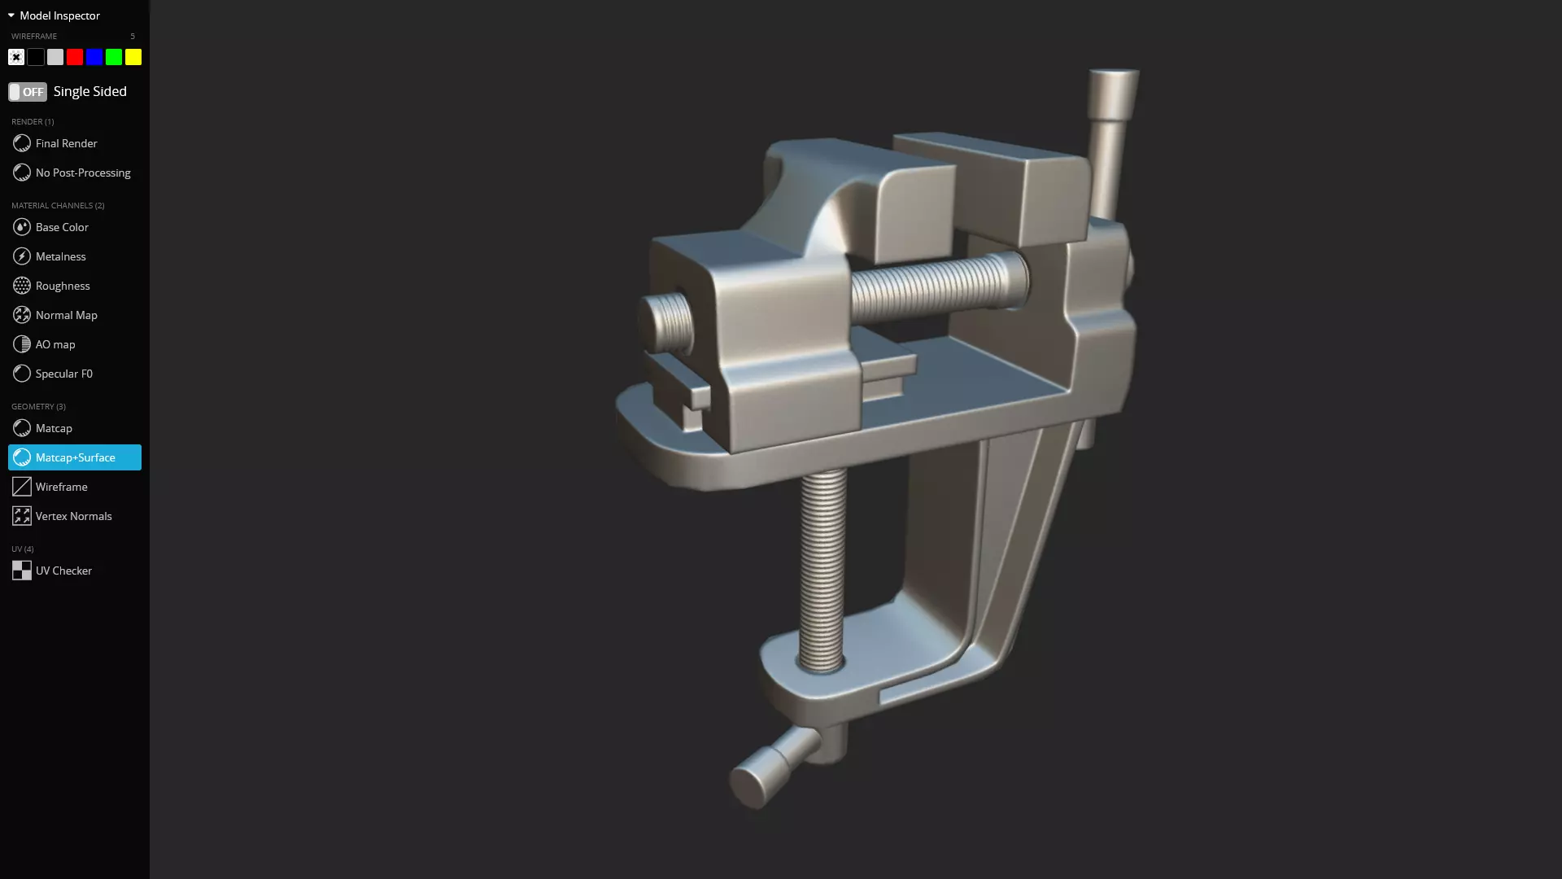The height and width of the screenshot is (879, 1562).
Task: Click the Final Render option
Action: point(66,143)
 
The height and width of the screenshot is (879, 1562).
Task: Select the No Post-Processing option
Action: point(82,173)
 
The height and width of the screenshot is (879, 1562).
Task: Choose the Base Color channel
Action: point(62,227)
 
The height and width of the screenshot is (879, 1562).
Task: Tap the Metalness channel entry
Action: point(60,256)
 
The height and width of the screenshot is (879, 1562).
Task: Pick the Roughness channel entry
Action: point(63,286)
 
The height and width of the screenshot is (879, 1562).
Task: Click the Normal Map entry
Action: point(66,315)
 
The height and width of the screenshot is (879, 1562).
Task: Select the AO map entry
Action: point(55,344)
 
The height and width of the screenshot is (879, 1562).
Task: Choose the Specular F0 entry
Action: point(63,374)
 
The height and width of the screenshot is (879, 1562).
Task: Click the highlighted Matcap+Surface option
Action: point(75,457)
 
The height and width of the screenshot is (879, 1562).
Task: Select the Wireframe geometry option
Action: point(61,487)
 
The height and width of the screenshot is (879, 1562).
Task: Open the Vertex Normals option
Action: point(73,516)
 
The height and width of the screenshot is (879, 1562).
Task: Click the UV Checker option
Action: point(63,571)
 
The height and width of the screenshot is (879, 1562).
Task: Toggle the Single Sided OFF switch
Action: point(28,92)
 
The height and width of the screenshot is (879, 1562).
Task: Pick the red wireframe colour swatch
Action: point(75,57)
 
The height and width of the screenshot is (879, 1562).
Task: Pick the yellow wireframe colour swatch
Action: point(133,57)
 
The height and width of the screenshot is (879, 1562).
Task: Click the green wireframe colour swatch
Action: point(114,57)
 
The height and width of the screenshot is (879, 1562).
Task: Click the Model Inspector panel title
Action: point(59,15)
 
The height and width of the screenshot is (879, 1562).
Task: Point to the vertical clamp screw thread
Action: point(822,570)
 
